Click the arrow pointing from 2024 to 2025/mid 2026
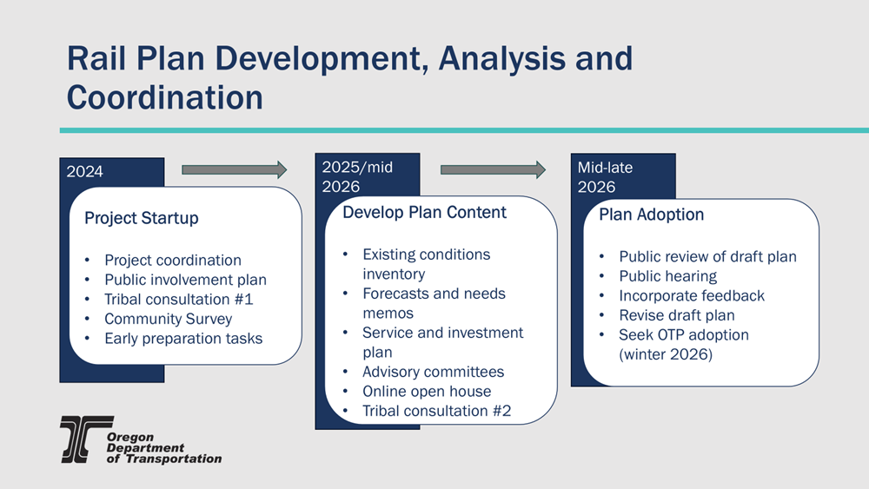234,169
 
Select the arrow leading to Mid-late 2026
493,169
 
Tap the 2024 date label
85,172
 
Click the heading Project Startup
142,218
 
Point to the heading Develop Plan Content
425,212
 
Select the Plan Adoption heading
651,215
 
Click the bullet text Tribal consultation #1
178,299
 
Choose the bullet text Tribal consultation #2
437,411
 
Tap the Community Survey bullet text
168,319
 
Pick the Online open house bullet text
427,392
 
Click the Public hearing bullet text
667,276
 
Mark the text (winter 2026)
666,354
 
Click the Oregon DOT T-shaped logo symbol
86,439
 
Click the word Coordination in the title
164,97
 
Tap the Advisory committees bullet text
434,372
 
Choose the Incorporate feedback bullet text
692,295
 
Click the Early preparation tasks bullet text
183,339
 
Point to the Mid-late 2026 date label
605,176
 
